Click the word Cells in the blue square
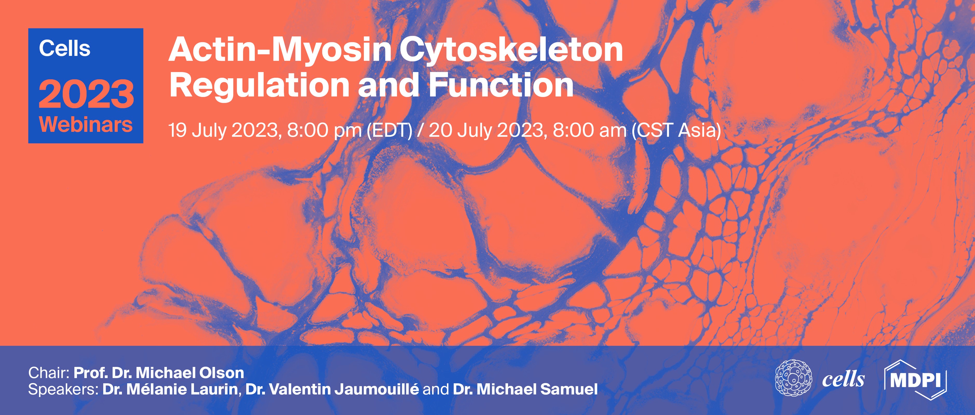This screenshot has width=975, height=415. (x=65, y=49)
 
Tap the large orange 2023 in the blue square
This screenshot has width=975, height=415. (x=86, y=94)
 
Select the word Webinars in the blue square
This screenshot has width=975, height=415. (x=86, y=125)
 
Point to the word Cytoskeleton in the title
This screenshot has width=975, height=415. (x=511, y=51)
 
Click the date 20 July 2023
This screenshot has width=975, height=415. (x=487, y=130)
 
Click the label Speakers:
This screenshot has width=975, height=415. (x=63, y=390)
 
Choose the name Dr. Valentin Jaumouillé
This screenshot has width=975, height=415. (x=332, y=390)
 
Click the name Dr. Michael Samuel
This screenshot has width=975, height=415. (x=525, y=390)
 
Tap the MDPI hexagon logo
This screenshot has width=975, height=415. (x=915, y=380)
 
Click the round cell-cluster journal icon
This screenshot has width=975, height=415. (x=793, y=380)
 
